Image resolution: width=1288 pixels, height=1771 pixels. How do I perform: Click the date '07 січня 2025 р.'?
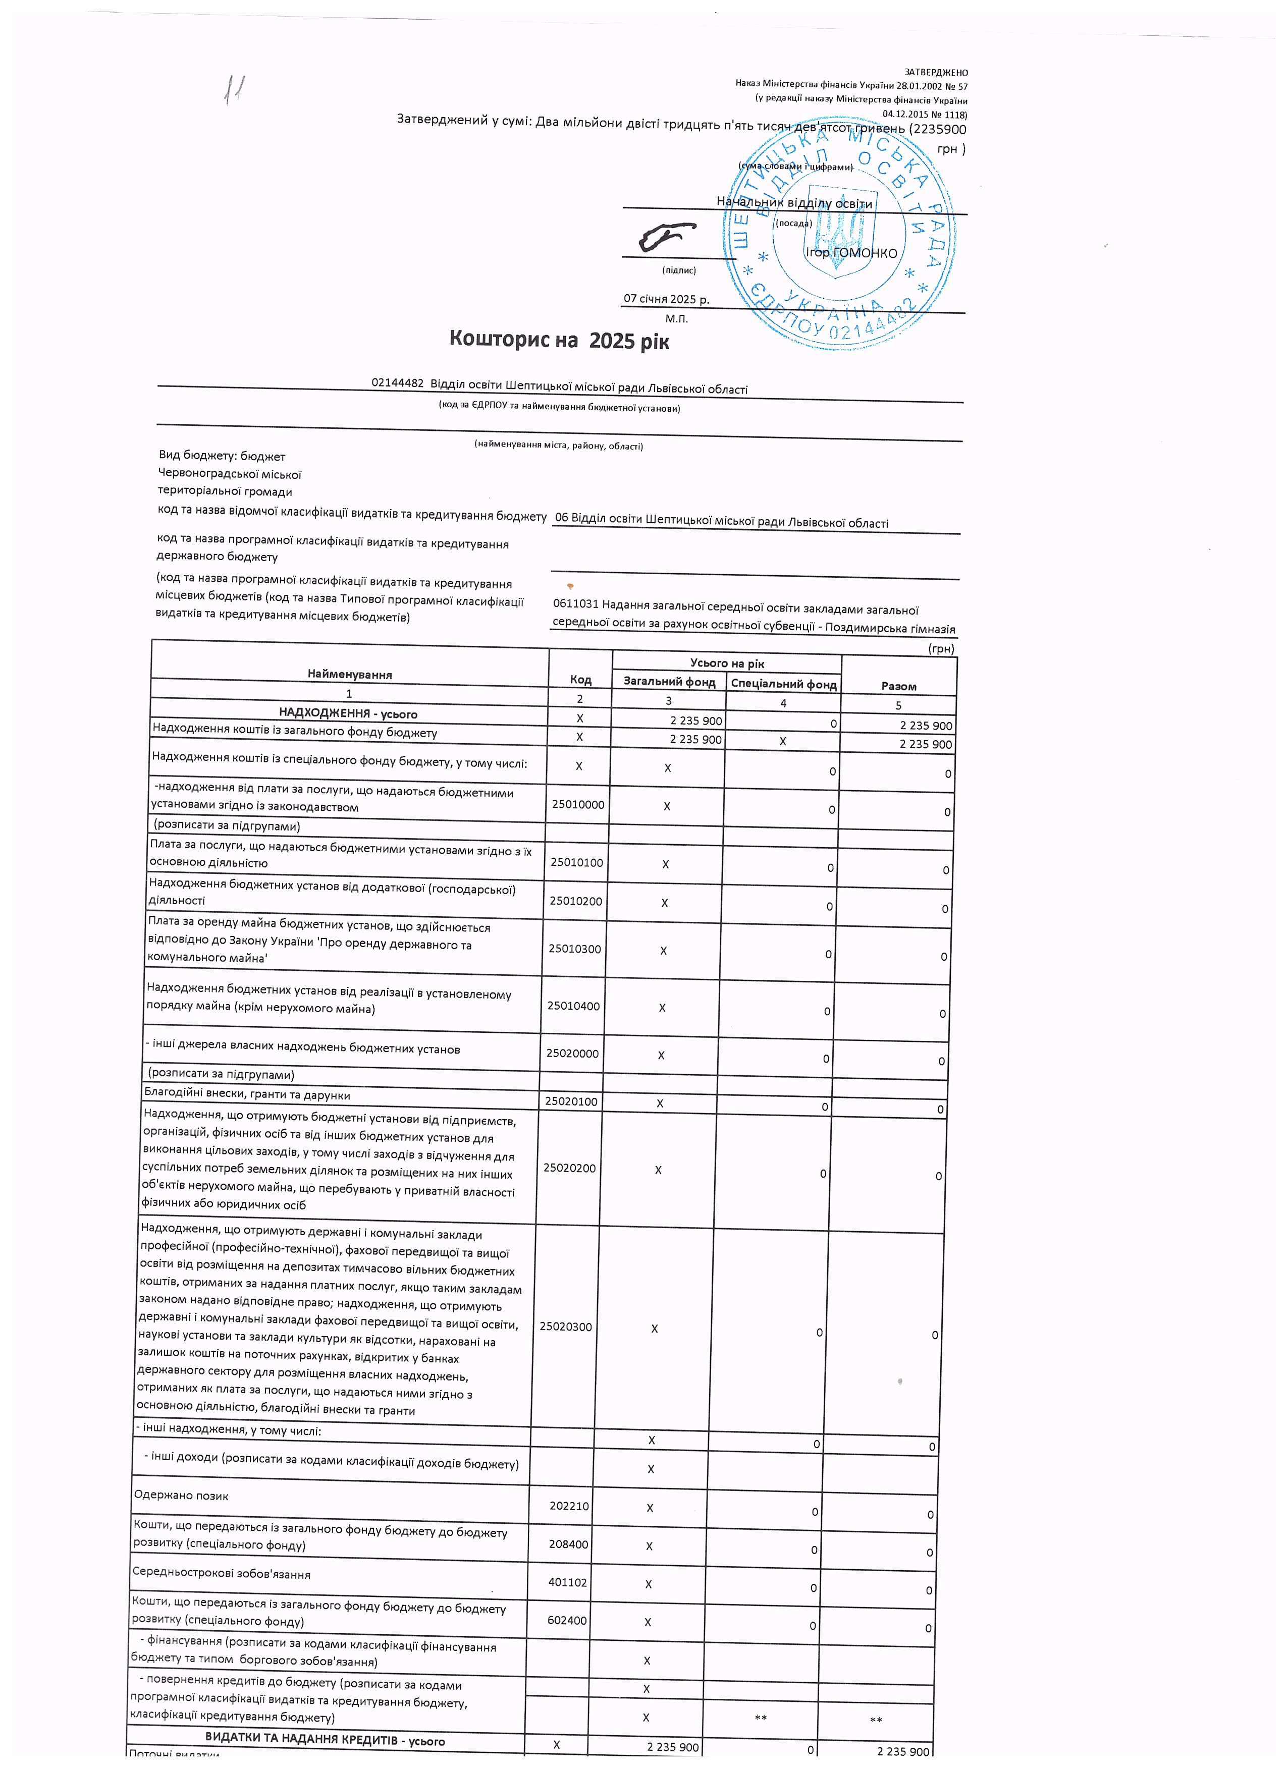point(666,299)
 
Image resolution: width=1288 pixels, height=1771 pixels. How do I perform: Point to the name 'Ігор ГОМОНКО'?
point(851,253)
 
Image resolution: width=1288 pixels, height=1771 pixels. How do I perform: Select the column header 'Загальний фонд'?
point(669,682)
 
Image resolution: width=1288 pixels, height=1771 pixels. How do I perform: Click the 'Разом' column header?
point(898,686)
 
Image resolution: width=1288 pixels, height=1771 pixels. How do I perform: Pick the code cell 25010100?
point(576,862)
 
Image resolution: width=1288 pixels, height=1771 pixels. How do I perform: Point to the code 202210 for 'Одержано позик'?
point(569,1506)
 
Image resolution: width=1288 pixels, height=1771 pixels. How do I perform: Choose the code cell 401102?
point(568,1583)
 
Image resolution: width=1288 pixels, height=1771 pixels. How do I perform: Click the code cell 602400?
point(567,1620)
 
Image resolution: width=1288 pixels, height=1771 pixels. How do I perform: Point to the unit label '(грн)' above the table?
point(940,648)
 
